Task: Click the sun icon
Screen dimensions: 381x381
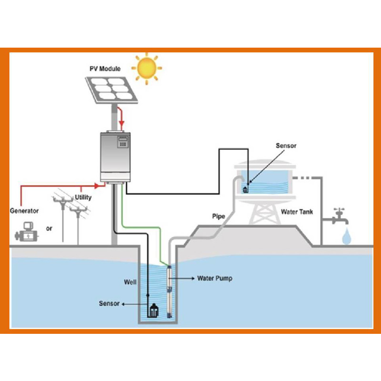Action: [147, 68]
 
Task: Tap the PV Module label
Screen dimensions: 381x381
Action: [105, 69]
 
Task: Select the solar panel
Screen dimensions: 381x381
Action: [111, 90]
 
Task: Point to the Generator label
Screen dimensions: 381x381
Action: [24, 211]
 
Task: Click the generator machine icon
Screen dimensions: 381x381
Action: [27, 231]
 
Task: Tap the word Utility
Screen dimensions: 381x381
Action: [83, 197]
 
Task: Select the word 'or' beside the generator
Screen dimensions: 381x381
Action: [49, 229]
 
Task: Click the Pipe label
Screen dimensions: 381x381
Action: [219, 216]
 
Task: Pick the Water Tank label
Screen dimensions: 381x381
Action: [297, 212]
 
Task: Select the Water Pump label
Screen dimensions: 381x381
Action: [215, 278]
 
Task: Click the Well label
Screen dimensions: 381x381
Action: [130, 282]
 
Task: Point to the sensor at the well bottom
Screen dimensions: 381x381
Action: [153, 310]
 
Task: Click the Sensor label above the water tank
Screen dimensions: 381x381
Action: [286, 146]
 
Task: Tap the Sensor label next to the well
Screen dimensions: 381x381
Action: [110, 303]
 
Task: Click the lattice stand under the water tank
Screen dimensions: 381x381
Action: [264, 214]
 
